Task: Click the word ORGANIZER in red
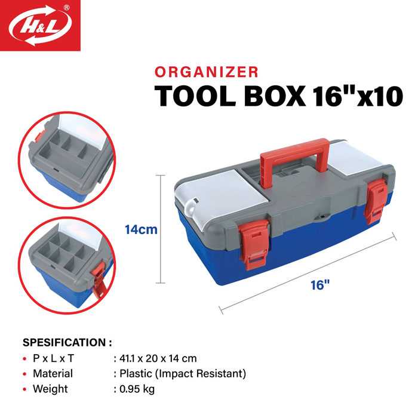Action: pyautogui.click(x=206, y=72)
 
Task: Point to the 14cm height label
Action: pyautogui.click(x=141, y=229)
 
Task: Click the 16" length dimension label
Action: pyautogui.click(x=321, y=285)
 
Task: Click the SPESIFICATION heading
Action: pyautogui.click(x=67, y=343)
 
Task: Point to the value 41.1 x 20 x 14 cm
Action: pyautogui.click(x=155, y=358)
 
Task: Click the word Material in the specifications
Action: pyautogui.click(x=53, y=374)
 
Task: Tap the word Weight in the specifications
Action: pyautogui.click(x=51, y=389)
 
